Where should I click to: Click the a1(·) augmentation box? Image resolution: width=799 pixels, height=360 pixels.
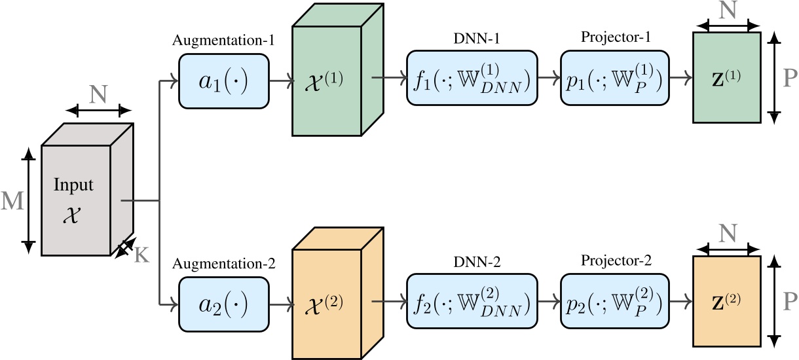pos(223,79)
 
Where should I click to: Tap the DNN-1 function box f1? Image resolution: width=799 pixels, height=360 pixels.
pos(470,79)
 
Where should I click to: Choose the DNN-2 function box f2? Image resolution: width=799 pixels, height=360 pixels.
pos(470,301)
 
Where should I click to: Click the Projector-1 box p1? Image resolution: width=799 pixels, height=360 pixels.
pos(614,79)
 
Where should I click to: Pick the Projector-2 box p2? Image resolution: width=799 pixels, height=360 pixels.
pos(614,301)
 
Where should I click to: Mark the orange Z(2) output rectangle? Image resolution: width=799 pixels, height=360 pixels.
pos(726,300)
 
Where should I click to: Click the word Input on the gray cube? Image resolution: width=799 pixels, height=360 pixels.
pos(73,185)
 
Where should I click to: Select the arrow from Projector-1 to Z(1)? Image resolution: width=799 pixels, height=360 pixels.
pos(680,79)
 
